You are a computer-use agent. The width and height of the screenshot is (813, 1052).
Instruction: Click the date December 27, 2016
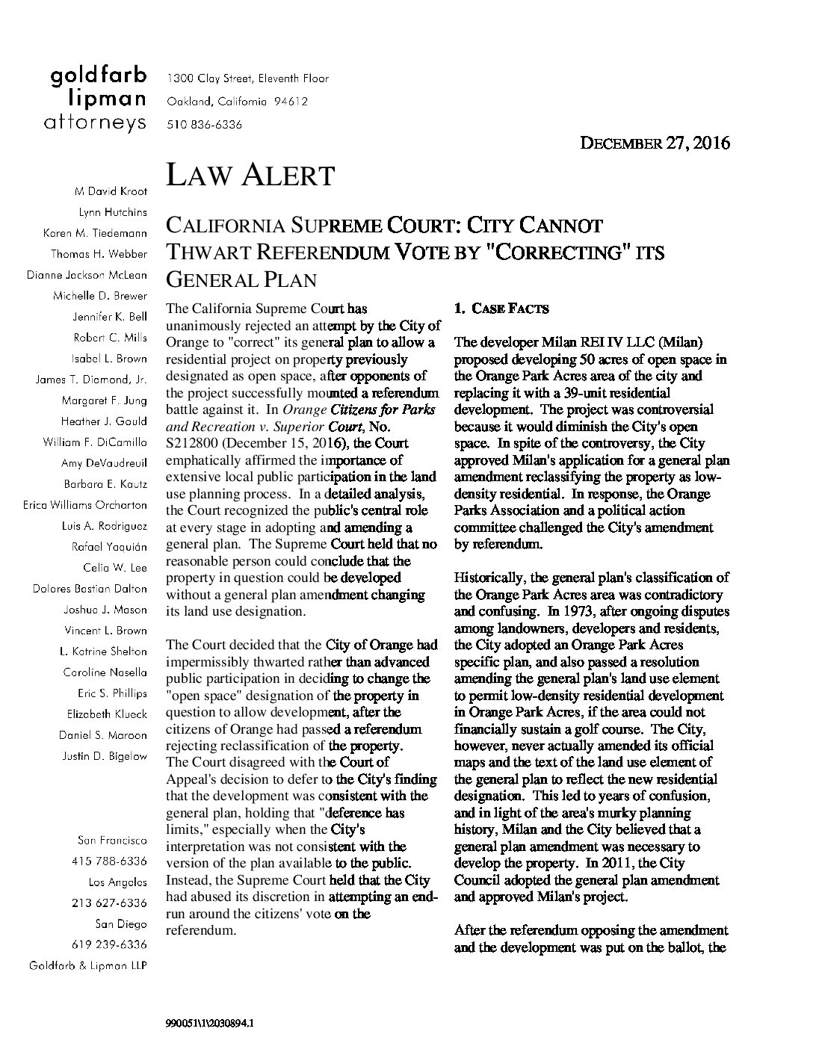point(655,143)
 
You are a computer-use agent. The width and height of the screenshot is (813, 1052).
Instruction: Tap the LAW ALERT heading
point(250,176)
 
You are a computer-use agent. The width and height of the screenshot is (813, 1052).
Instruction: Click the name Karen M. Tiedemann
point(95,234)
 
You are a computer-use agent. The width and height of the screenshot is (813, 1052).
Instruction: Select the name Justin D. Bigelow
point(104,756)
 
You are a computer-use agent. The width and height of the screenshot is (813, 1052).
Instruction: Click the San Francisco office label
point(112,841)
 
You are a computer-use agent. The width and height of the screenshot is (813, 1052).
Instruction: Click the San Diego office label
point(122,924)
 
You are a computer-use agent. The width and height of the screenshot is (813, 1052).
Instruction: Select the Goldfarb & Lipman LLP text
point(87,966)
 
